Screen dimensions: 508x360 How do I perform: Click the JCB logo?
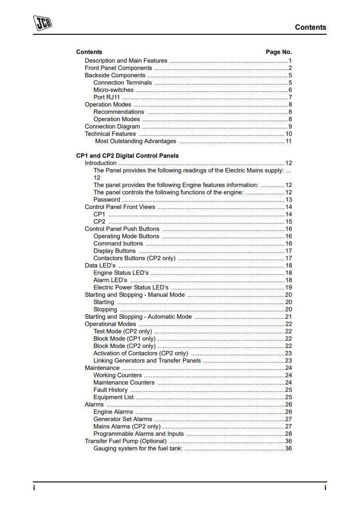click(42, 23)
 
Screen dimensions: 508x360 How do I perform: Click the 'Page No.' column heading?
click(279, 52)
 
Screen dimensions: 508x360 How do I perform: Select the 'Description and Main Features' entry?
click(126, 61)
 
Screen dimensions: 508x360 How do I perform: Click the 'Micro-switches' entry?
click(113, 90)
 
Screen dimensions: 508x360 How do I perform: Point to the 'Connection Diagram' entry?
click(112, 127)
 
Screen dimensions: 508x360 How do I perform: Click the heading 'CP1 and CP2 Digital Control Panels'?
click(127, 156)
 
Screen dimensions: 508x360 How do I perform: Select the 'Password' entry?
click(107, 200)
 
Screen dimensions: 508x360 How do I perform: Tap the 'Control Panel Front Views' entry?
click(120, 207)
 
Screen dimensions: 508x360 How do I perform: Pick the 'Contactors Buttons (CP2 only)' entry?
click(134, 258)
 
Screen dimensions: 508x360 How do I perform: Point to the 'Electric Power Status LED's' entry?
click(131, 288)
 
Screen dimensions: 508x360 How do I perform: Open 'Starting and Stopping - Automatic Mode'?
click(138, 317)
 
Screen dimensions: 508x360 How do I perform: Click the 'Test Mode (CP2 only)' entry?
click(123, 332)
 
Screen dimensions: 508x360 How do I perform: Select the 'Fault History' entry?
click(111, 390)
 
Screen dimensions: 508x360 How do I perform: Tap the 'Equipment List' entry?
click(114, 397)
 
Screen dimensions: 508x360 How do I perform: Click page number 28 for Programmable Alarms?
click(288, 434)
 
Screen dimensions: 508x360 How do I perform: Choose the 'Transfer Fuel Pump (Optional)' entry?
click(126, 441)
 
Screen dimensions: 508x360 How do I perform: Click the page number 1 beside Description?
click(290, 61)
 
